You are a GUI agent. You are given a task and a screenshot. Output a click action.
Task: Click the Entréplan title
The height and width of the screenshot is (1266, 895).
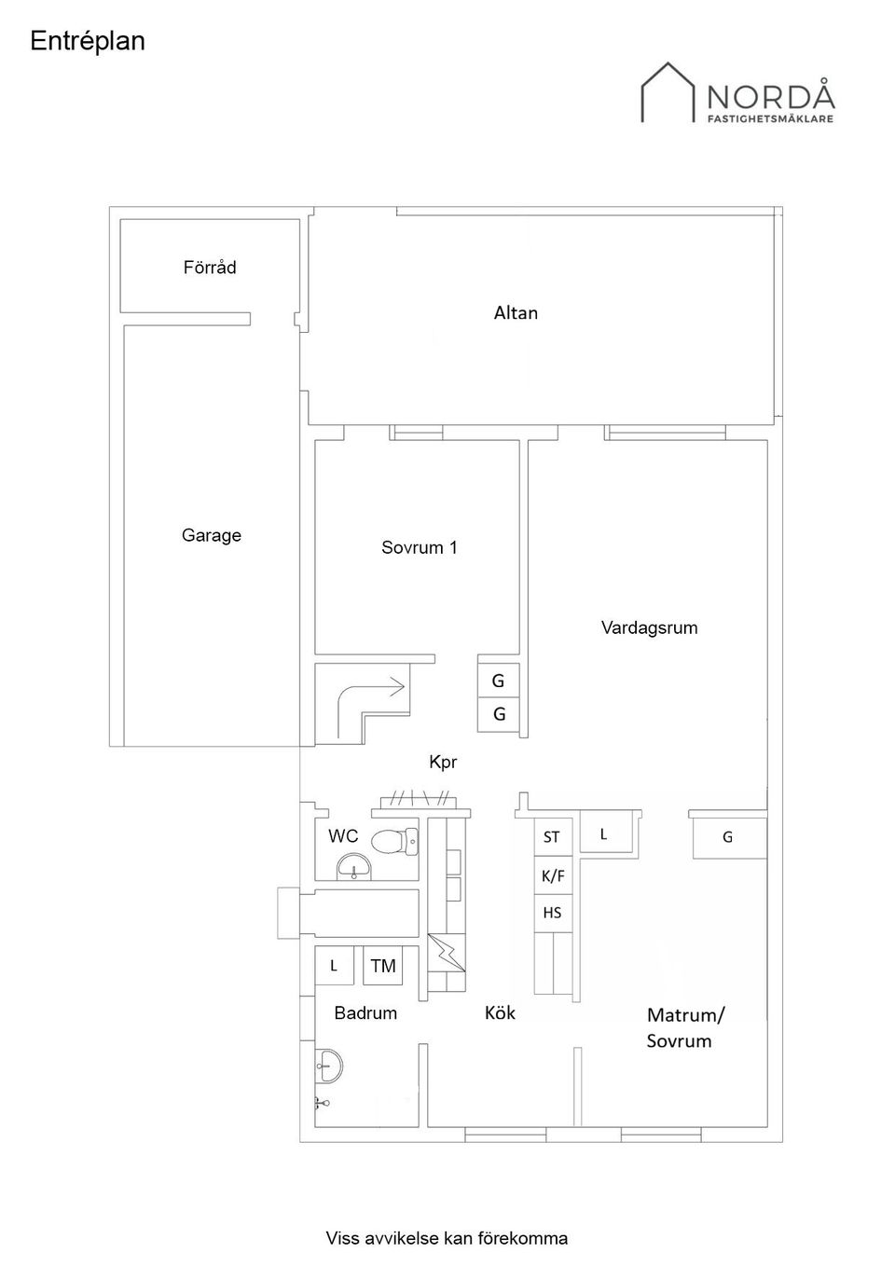pyautogui.click(x=88, y=41)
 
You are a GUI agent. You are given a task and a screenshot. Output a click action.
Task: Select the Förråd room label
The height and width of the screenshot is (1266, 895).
pyautogui.click(x=210, y=268)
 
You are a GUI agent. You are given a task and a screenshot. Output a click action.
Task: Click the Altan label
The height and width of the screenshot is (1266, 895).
pyautogui.click(x=516, y=313)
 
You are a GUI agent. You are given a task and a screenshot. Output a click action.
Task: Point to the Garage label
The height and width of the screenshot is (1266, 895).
pyautogui.click(x=211, y=535)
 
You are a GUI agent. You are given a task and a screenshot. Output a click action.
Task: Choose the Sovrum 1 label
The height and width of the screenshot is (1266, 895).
pyautogui.click(x=419, y=547)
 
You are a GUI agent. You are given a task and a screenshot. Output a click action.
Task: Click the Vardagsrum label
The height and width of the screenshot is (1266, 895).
pyautogui.click(x=649, y=627)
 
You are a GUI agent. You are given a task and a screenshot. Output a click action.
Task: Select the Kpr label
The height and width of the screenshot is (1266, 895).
pyautogui.click(x=443, y=762)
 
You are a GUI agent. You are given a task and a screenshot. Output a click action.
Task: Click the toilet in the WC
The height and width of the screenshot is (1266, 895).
pyautogui.click(x=393, y=841)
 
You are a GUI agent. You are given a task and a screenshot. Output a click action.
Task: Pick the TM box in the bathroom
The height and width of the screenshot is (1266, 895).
pyautogui.click(x=382, y=966)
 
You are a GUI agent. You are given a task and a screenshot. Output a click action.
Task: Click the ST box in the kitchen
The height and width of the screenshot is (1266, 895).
pyautogui.click(x=552, y=837)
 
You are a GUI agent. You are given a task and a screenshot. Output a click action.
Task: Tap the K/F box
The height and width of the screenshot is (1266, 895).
pyautogui.click(x=553, y=875)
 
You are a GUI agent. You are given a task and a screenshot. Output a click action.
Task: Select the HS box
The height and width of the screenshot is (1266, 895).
pyautogui.click(x=552, y=913)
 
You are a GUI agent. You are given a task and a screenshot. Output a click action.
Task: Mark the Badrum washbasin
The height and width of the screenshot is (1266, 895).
pyautogui.click(x=328, y=1065)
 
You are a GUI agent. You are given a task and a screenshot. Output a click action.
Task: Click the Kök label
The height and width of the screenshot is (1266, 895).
pyautogui.click(x=500, y=1012)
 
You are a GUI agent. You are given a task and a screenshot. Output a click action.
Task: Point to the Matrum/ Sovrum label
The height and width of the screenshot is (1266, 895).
pyautogui.click(x=684, y=1027)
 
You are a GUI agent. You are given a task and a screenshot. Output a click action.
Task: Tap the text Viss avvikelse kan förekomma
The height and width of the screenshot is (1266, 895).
pyautogui.click(x=447, y=1238)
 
